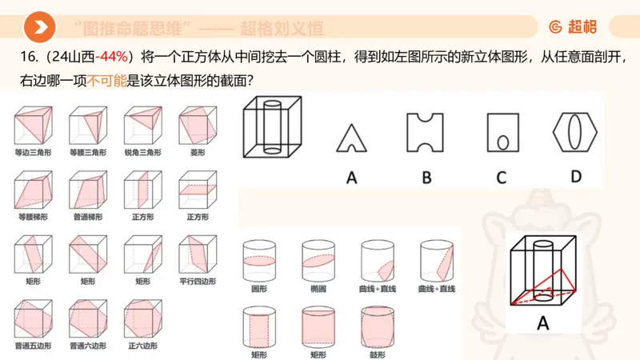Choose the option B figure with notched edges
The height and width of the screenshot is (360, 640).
(x=426, y=132)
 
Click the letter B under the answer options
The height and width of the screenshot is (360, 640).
(x=426, y=177)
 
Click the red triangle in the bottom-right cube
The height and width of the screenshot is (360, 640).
(x=549, y=284)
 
